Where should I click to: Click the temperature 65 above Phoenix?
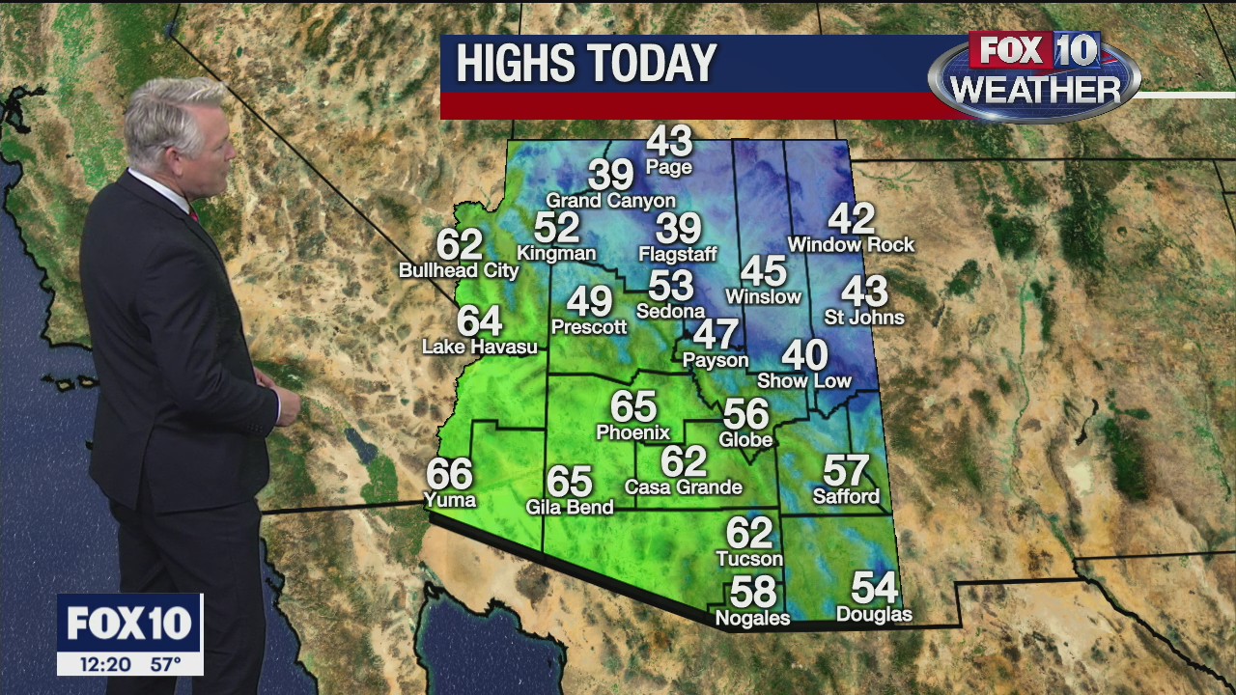tap(633, 406)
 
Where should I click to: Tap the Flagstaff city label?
tap(678, 255)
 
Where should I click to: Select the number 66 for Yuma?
tap(450, 474)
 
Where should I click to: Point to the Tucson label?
tap(749, 559)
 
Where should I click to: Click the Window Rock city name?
tap(851, 245)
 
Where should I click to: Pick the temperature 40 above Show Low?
tap(804, 355)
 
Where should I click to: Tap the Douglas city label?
tap(874, 615)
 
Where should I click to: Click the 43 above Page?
tap(669, 142)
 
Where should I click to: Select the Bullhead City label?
tap(459, 271)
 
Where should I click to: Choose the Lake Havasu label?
tap(480, 347)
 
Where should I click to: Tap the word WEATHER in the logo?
tap(1035, 91)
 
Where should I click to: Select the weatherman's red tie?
tap(193, 212)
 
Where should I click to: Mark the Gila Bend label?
tap(570, 507)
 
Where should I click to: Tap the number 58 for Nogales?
tap(753, 591)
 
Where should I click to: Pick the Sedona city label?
tap(670, 311)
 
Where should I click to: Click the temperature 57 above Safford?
tap(846, 471)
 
